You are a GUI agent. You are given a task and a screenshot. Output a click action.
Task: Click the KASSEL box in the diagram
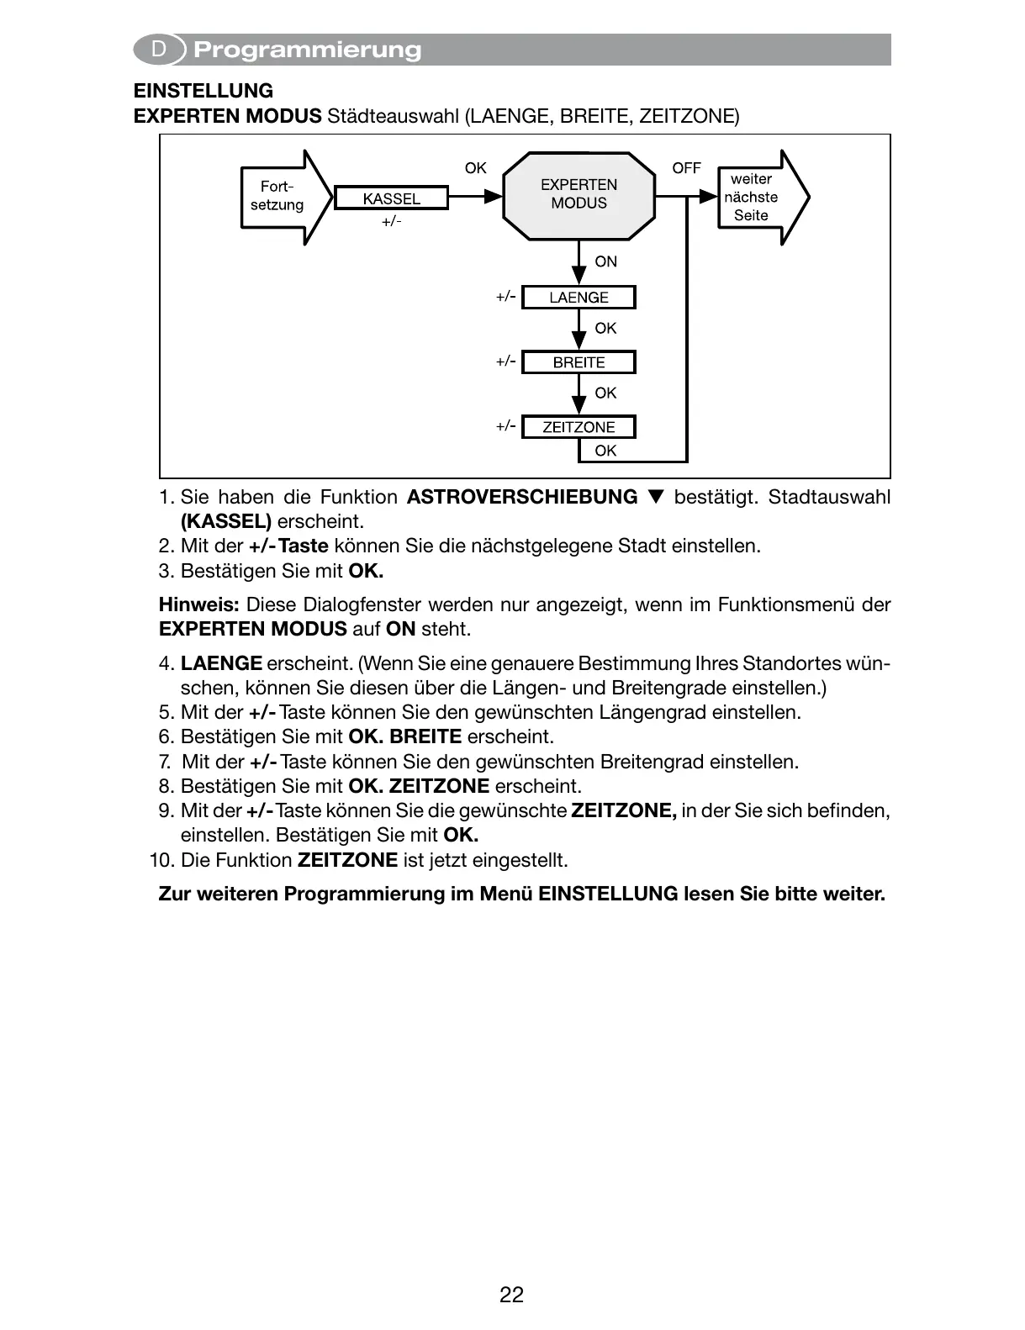tap(391, 198)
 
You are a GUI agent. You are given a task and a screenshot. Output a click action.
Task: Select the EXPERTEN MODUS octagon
tap(579, 195)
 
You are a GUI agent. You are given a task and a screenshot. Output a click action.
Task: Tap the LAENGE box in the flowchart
tap(579, 298)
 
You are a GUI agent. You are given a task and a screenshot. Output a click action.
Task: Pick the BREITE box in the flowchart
tap(579, 362)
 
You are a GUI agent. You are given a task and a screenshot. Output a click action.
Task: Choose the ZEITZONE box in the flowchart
tap(579, 427)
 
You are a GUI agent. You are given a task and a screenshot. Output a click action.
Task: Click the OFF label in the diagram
tap(686, 168)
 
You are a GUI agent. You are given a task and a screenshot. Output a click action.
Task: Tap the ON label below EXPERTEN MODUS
tap(605, 261)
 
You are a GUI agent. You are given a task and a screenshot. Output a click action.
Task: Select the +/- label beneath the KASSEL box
tap(391, 222)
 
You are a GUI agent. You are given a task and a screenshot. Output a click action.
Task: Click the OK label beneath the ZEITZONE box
tap(605, 451)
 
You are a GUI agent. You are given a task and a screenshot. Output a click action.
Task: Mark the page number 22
tap(511, 1295)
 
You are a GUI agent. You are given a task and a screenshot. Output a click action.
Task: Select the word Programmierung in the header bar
tap(307, 50)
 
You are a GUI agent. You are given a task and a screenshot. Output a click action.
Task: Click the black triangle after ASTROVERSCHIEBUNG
tap(657, 497)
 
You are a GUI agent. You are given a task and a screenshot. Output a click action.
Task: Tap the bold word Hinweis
tap(199, 604)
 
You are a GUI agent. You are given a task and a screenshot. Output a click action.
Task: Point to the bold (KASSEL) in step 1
tap(226, 521)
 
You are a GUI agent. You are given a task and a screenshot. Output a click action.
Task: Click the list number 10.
tap(160, 860)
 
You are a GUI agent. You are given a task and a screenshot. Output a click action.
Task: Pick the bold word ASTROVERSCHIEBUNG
tap(522, 497)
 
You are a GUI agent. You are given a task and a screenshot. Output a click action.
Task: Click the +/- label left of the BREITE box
tap(505, 362)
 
